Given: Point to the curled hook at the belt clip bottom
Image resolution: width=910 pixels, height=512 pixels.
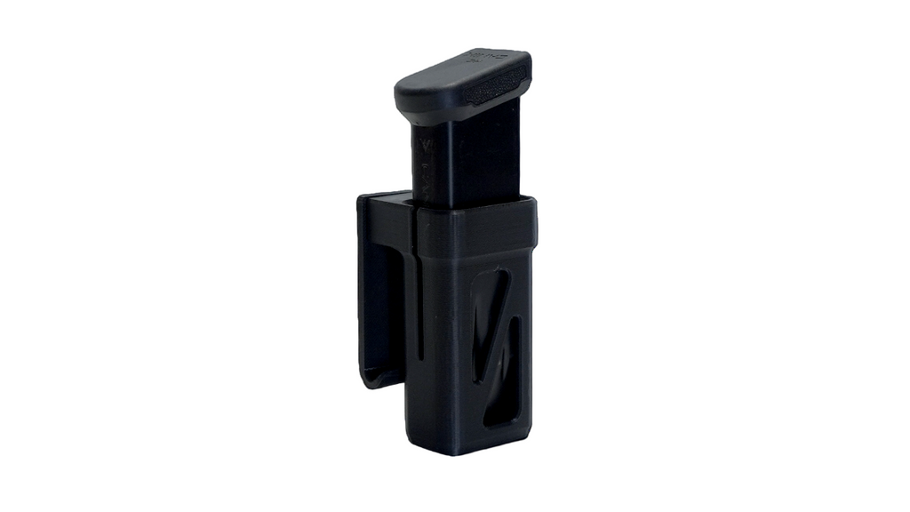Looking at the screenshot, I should point(378,378).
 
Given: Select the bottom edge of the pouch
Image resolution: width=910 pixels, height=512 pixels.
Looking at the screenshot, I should point(467,449).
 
